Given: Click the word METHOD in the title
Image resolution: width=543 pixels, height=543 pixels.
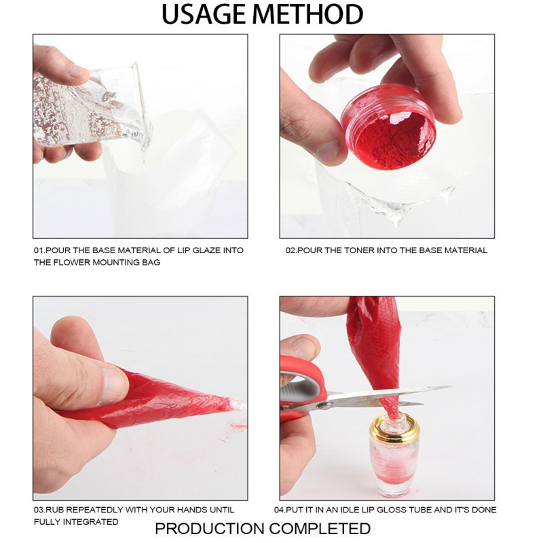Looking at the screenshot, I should tap(316, 14).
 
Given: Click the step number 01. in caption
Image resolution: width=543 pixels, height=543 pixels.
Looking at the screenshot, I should tap(40, 250).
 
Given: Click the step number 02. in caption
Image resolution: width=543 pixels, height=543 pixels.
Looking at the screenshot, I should tap(292, 250).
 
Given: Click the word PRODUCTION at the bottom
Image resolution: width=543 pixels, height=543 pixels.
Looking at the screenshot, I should tap(209, 529).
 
